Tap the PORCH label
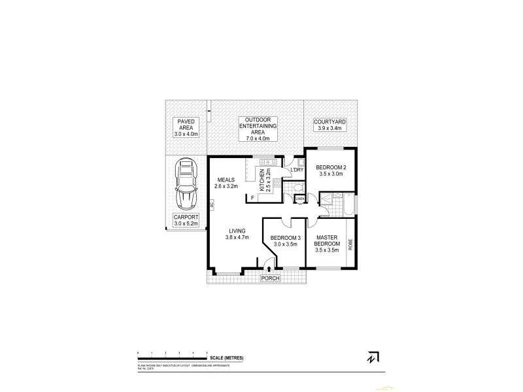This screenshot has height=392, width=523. tap(269, 278)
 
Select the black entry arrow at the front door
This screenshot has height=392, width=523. tap(270, 268)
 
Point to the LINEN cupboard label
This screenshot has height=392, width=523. tap(299, 199)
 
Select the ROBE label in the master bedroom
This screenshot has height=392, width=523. tap(350, 245)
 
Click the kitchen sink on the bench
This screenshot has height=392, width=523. tap(268, 162)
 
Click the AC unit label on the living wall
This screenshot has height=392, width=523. tap(212, 204)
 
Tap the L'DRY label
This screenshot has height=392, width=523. tap(296, 171)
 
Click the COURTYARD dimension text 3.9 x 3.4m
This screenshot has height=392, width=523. tap(329, 129)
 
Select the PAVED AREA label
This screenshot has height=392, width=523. tap(185, 124)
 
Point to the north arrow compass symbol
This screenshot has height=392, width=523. tap(373, 357)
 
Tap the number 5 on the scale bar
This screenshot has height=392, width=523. tap(208, 353)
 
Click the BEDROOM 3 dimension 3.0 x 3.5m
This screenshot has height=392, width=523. tap(285, 244)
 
